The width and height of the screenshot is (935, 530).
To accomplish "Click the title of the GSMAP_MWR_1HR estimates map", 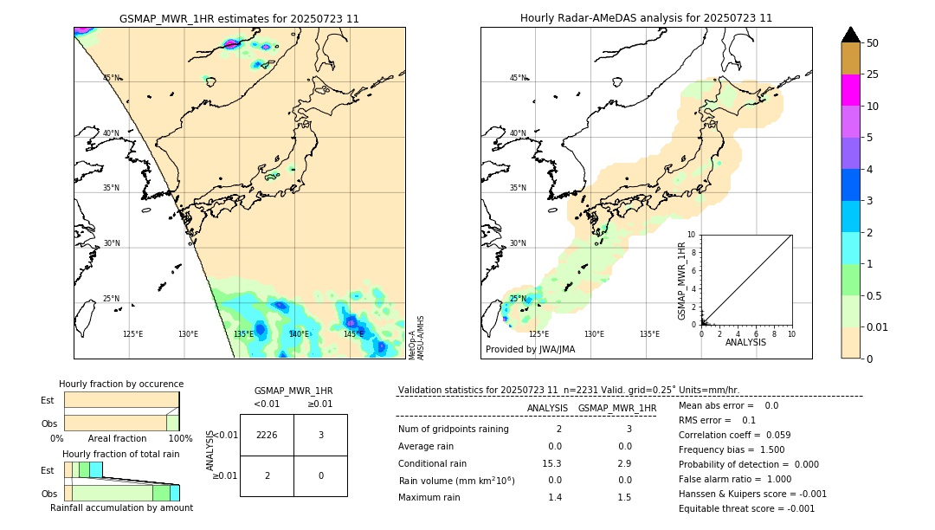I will coord(239,18).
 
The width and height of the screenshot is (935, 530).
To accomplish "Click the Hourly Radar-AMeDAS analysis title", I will coord(646,18).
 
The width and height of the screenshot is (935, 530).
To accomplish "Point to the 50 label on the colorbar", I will coord(873,42).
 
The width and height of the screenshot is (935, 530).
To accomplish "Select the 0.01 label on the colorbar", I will coord(878,326).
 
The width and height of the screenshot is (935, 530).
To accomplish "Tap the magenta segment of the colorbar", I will coord(850,90).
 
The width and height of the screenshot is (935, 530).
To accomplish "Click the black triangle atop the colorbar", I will coord(850,35).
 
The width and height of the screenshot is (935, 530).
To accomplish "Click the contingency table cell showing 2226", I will coord(267,435).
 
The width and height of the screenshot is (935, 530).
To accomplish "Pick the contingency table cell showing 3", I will coord(320,435).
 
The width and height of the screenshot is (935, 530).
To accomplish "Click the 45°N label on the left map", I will coord(112,78).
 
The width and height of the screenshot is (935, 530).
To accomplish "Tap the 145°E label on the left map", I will coord(353,333).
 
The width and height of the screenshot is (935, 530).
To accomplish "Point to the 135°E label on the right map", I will coord(649,333).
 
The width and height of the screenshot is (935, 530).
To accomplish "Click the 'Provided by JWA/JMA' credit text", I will coord(530,349).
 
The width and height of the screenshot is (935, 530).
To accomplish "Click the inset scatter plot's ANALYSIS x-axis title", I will coord(745,342).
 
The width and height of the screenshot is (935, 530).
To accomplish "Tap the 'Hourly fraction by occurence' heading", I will coord(121,384).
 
